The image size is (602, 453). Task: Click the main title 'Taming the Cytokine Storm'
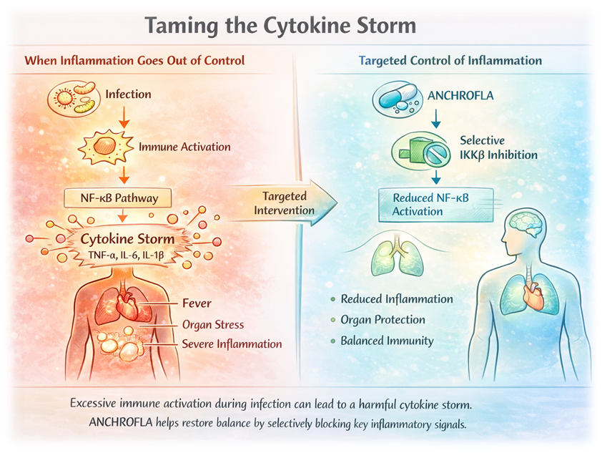(x=280, y=26)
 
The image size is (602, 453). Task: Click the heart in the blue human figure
(x=533, y=295)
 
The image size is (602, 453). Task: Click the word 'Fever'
(x=197, y=303)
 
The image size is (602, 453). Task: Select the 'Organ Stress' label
(x=213, y=324)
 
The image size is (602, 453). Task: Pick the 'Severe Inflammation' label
(x=232, y=344)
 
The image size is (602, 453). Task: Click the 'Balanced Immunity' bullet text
(x=387, y=341)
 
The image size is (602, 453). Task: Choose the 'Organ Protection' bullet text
(x=383, y=320)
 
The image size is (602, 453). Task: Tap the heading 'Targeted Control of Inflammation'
(x=450, y=61)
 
